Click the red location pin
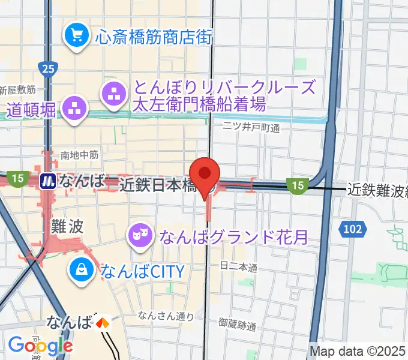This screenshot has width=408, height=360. tap(205, 174)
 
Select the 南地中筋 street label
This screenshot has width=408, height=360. tap(79, 155)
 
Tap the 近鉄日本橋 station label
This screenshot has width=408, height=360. tap(158, 186)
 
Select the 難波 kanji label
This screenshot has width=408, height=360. tap(66, 227)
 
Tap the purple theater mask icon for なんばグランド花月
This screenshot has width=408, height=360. tap(140, 235)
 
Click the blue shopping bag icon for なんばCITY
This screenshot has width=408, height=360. tap(80, 269)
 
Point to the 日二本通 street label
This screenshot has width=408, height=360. tap(238, 265)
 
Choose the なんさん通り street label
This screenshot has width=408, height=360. tap(165, 316)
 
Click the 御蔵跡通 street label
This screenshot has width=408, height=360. tap(237, 327)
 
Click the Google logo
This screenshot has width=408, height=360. tap(40, 345)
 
